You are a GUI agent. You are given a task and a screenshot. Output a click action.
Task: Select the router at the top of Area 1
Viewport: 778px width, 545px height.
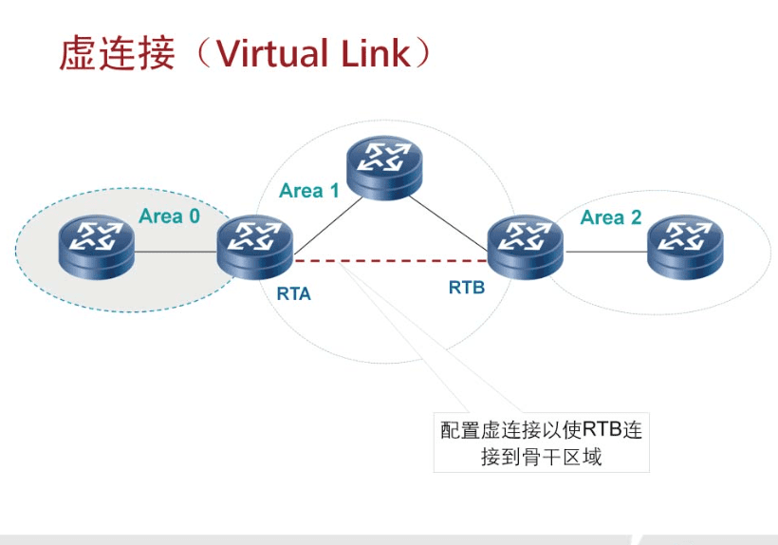[x=382, y=167]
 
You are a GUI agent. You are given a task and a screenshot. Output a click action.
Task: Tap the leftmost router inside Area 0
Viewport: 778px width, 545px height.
[x=95, y=246]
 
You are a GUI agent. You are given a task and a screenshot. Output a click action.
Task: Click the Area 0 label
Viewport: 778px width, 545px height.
[x=169, y=216]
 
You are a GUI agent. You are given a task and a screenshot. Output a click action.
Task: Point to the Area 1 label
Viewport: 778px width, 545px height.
[x=308, y=191]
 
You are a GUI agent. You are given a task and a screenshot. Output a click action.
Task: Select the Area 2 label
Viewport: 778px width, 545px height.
[x=611, y=217]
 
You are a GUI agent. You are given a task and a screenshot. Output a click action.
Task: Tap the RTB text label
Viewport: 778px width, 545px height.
[x=467, y=287]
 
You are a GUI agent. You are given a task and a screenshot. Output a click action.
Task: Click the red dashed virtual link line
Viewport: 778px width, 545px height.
[x=389, y=258]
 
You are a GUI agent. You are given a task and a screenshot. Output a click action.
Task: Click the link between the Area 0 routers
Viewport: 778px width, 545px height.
[x=176, y=252]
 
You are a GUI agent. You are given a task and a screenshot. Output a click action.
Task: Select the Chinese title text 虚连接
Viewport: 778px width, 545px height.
[x=117, y=53]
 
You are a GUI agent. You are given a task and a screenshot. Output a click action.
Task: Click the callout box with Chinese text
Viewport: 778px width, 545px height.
[x=541, y=442]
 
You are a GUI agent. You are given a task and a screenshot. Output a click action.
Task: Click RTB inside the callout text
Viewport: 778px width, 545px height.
[x=601, y=429]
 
